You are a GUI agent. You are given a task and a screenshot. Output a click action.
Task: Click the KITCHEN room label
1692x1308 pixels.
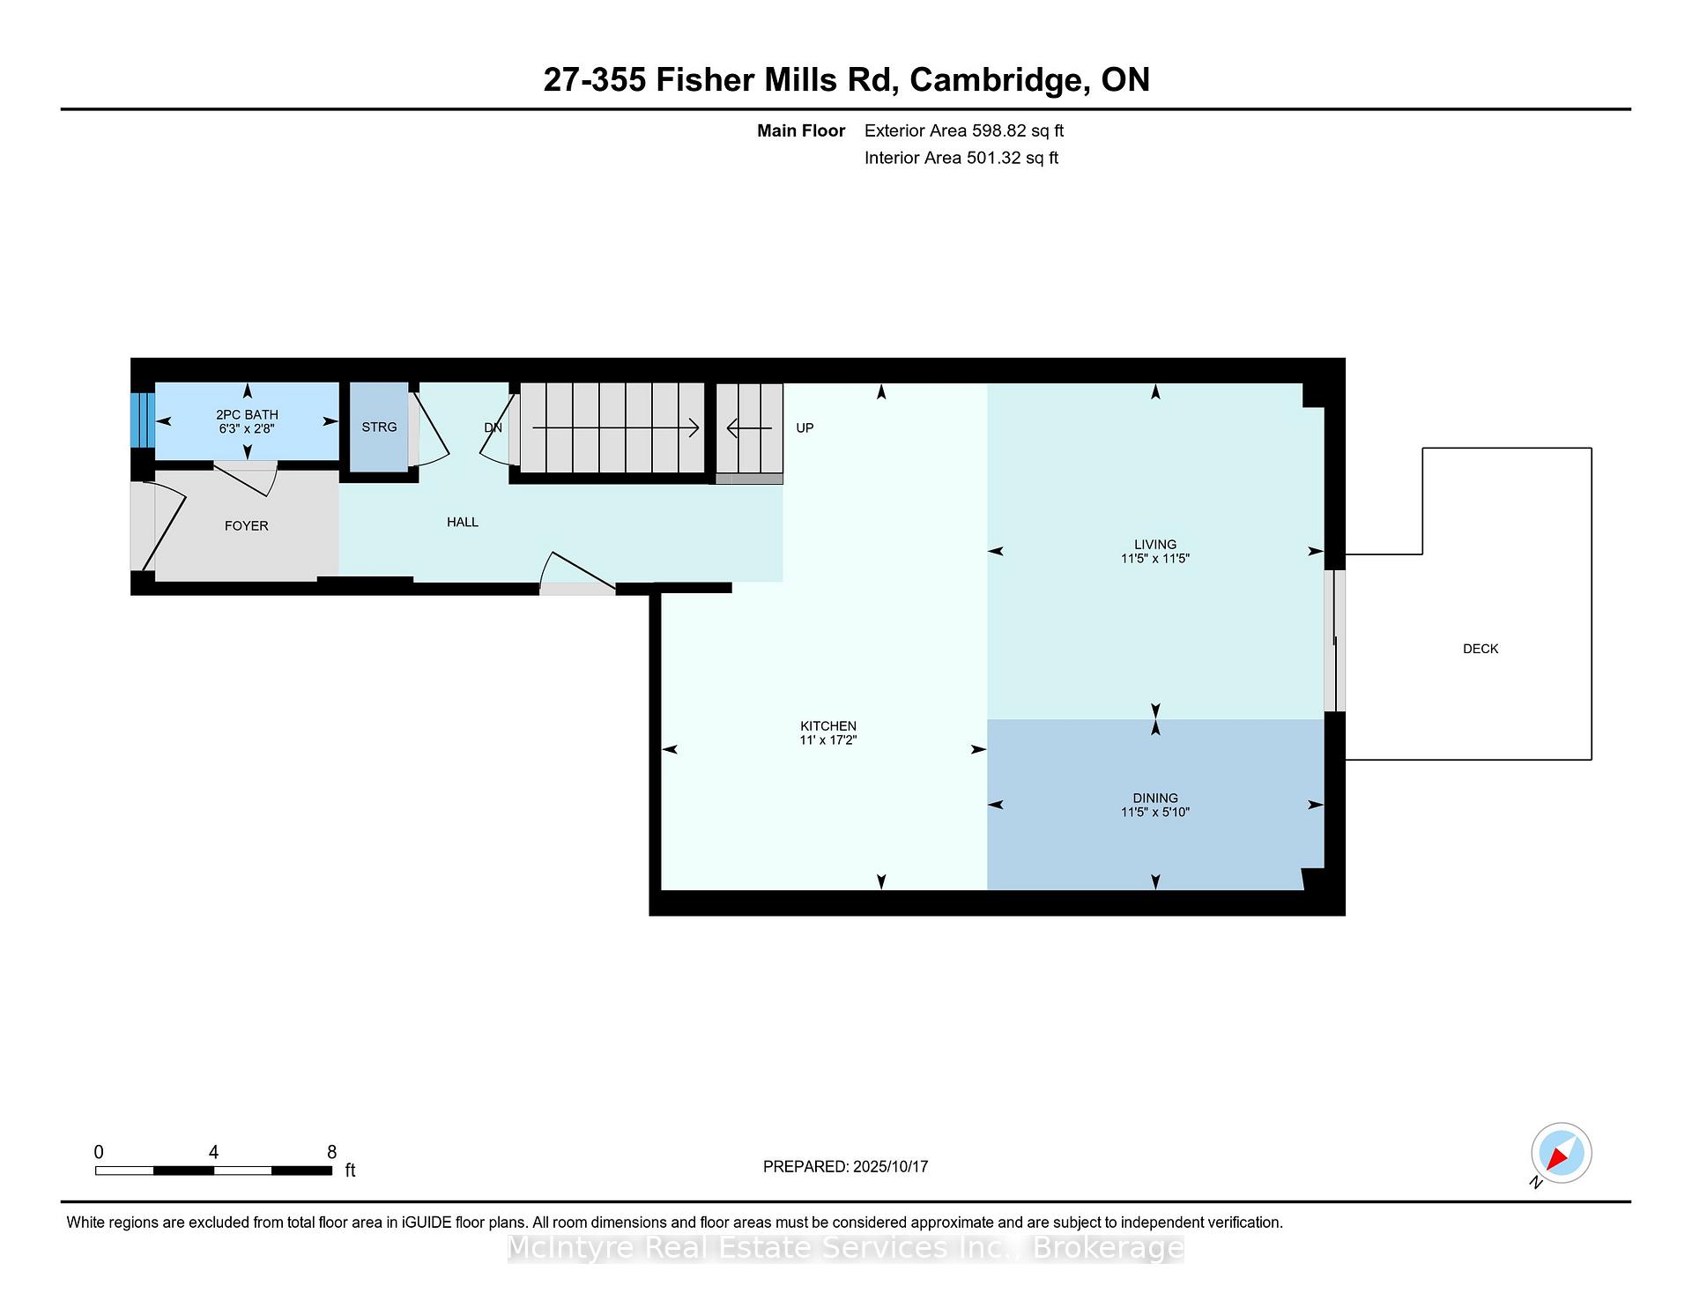click(828, 726)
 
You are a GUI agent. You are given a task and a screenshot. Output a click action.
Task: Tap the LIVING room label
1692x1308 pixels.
click(1155, 545)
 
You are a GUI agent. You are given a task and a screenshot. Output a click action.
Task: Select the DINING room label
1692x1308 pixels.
click(1155, 799)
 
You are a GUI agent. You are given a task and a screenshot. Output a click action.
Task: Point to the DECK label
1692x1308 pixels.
click(1480, 649)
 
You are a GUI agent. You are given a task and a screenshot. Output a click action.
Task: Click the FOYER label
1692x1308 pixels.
click(247, 526)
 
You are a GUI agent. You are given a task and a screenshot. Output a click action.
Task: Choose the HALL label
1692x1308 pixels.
click(463, 523)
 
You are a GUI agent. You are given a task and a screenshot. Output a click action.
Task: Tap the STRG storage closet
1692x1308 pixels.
click(379, 427)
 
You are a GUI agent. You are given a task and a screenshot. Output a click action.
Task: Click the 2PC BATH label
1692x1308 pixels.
click(247, 415)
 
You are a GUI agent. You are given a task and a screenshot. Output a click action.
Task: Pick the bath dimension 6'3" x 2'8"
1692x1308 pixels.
click(247, 429)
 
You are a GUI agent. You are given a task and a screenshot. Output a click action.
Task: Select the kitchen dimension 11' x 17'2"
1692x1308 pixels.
click(828, 740)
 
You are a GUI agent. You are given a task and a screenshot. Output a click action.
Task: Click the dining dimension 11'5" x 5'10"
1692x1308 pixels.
click(1155, 813)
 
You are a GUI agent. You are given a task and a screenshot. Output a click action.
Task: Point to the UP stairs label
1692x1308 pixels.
click(805, 428)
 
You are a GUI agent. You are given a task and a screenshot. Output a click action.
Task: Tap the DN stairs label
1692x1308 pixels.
click(493, 428)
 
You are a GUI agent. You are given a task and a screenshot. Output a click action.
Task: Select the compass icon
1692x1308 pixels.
click(1561, 1153)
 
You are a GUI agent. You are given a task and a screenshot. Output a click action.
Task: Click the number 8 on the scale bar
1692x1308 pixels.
click(332, 1152)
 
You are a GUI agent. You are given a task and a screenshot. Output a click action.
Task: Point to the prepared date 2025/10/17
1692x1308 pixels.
click(891, 1167)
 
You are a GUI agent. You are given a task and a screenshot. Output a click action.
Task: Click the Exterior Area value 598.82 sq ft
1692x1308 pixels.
click(1018, 131)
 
